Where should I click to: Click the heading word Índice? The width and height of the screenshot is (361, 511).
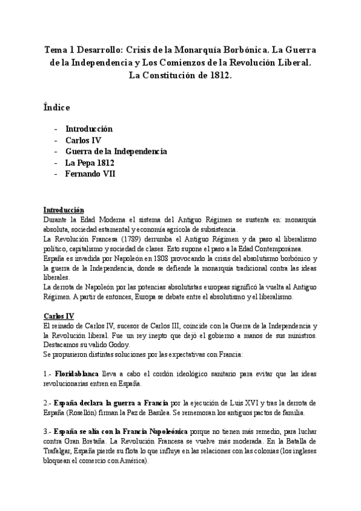tap(57, 107)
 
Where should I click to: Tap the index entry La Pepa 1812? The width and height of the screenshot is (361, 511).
tap(89, 163)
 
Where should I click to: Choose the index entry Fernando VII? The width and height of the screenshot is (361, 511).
tap(90, 174)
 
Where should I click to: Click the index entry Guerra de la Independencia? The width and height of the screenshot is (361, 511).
tap(116, 151)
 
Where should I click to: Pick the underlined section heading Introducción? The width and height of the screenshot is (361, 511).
tap(64, 210)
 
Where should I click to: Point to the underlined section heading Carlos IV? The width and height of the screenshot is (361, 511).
tap(58, 316)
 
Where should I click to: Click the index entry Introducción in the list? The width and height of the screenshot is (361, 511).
tap(89, 129)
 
